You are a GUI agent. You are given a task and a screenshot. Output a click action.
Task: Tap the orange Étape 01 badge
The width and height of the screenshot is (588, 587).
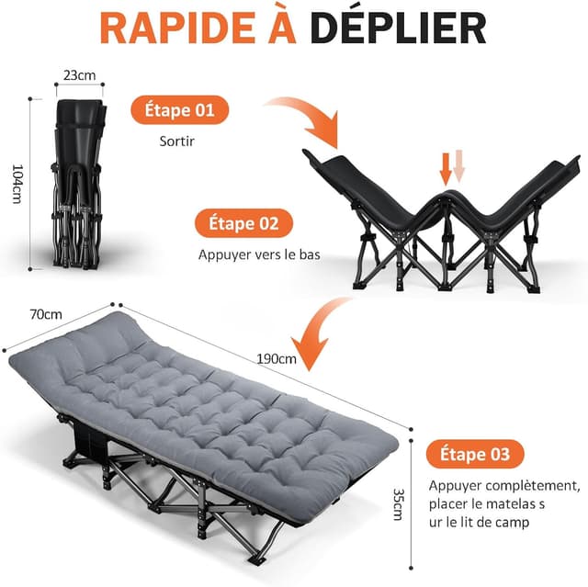pos(179,111)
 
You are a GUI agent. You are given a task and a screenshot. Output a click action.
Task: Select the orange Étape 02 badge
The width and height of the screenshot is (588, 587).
pos(243,224)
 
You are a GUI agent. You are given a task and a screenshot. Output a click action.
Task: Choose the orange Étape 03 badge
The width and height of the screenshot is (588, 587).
pos(475,453)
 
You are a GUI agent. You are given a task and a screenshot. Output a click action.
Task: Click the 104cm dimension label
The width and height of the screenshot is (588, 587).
pos(16,179)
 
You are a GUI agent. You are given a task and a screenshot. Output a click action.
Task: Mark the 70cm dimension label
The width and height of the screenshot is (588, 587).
pos(45,314)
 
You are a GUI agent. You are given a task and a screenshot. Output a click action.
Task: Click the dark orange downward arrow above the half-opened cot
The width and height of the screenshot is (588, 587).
pos(446,168)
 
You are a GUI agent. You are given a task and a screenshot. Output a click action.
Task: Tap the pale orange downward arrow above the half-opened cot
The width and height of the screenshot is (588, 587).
pos(460,168)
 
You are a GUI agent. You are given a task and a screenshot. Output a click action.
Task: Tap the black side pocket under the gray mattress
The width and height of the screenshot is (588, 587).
pos(93,439)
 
